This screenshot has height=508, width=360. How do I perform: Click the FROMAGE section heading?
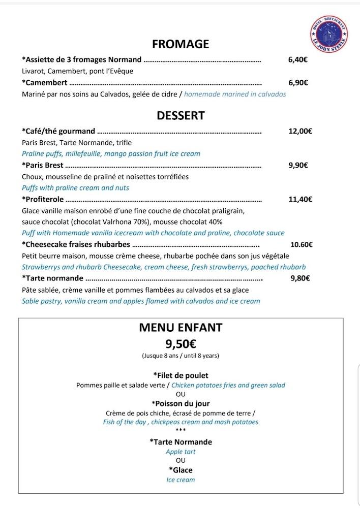(x=181, y=44)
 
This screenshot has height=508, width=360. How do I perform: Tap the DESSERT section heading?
(x=181, y=115)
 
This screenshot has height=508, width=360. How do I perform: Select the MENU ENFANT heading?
(x=181, y=328)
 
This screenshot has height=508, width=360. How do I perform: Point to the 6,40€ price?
(x=297, y=59)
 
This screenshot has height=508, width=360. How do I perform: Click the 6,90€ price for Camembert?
(x=297, y=82)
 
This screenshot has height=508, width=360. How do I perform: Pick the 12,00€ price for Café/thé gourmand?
(x=300, y=131)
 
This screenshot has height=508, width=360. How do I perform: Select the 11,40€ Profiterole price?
(x=300, y=199)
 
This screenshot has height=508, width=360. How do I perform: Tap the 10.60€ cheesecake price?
(x=301, y=244)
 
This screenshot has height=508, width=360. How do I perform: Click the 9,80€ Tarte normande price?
(x=300, y=278)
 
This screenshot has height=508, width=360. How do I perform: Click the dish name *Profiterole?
(x=43, y=199)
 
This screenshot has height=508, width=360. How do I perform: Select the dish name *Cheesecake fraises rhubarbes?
(x=76, y=244)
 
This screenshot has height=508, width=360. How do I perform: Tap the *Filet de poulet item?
(x=181, y=375)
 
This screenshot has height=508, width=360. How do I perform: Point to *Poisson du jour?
(x=181, y=404)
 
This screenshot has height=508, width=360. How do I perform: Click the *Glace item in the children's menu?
(x=181, y=470)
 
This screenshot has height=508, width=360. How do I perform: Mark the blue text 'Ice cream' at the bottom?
(x=181, y=480)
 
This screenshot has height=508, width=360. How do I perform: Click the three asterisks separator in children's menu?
(x=181, y=431)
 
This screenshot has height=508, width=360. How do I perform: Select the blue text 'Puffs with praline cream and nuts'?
(x=75, y=187)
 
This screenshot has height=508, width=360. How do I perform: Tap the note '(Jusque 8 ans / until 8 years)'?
(x=181, y=356)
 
